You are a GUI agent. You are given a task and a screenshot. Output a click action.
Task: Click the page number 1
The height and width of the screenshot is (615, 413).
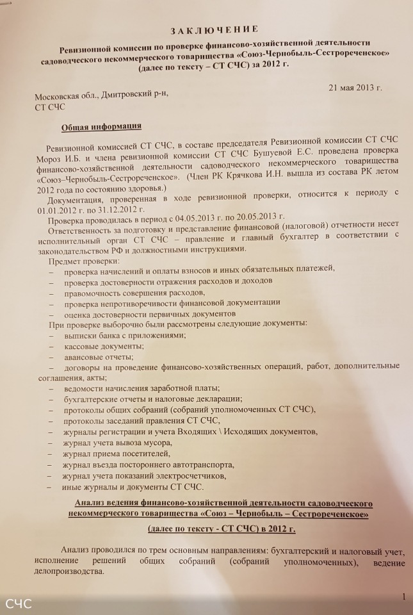[403, 596]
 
